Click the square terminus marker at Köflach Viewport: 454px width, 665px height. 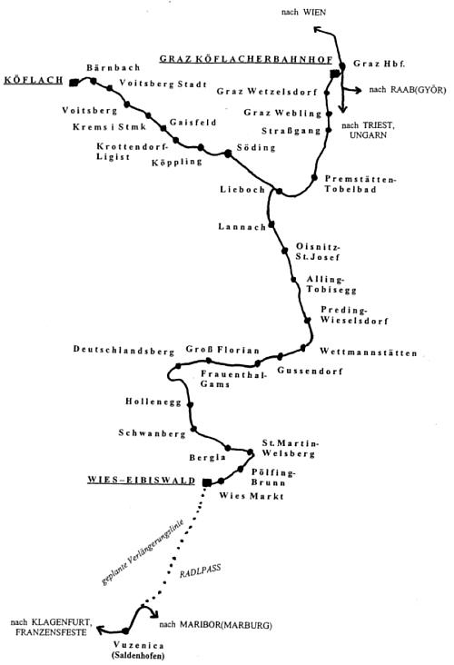74,83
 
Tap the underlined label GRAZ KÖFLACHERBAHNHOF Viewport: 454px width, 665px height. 246,59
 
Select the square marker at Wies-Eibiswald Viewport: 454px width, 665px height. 207,482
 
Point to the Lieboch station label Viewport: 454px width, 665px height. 242,190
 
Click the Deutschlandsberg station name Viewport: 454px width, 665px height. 123,351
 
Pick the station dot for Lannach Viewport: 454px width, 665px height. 271,223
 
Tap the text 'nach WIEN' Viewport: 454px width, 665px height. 303,12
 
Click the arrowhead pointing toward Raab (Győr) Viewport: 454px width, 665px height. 359,90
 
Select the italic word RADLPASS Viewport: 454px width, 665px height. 200,571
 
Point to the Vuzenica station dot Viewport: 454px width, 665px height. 125,631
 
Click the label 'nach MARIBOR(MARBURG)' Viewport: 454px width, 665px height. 216,625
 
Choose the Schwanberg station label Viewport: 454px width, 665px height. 152,433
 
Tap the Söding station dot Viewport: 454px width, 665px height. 228,154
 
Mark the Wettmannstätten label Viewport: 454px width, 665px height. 369,352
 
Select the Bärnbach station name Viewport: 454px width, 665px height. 113,67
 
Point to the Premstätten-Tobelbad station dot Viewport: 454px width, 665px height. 314,178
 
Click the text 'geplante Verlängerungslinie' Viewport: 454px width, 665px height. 143,551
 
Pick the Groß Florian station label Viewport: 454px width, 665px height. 222,350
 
